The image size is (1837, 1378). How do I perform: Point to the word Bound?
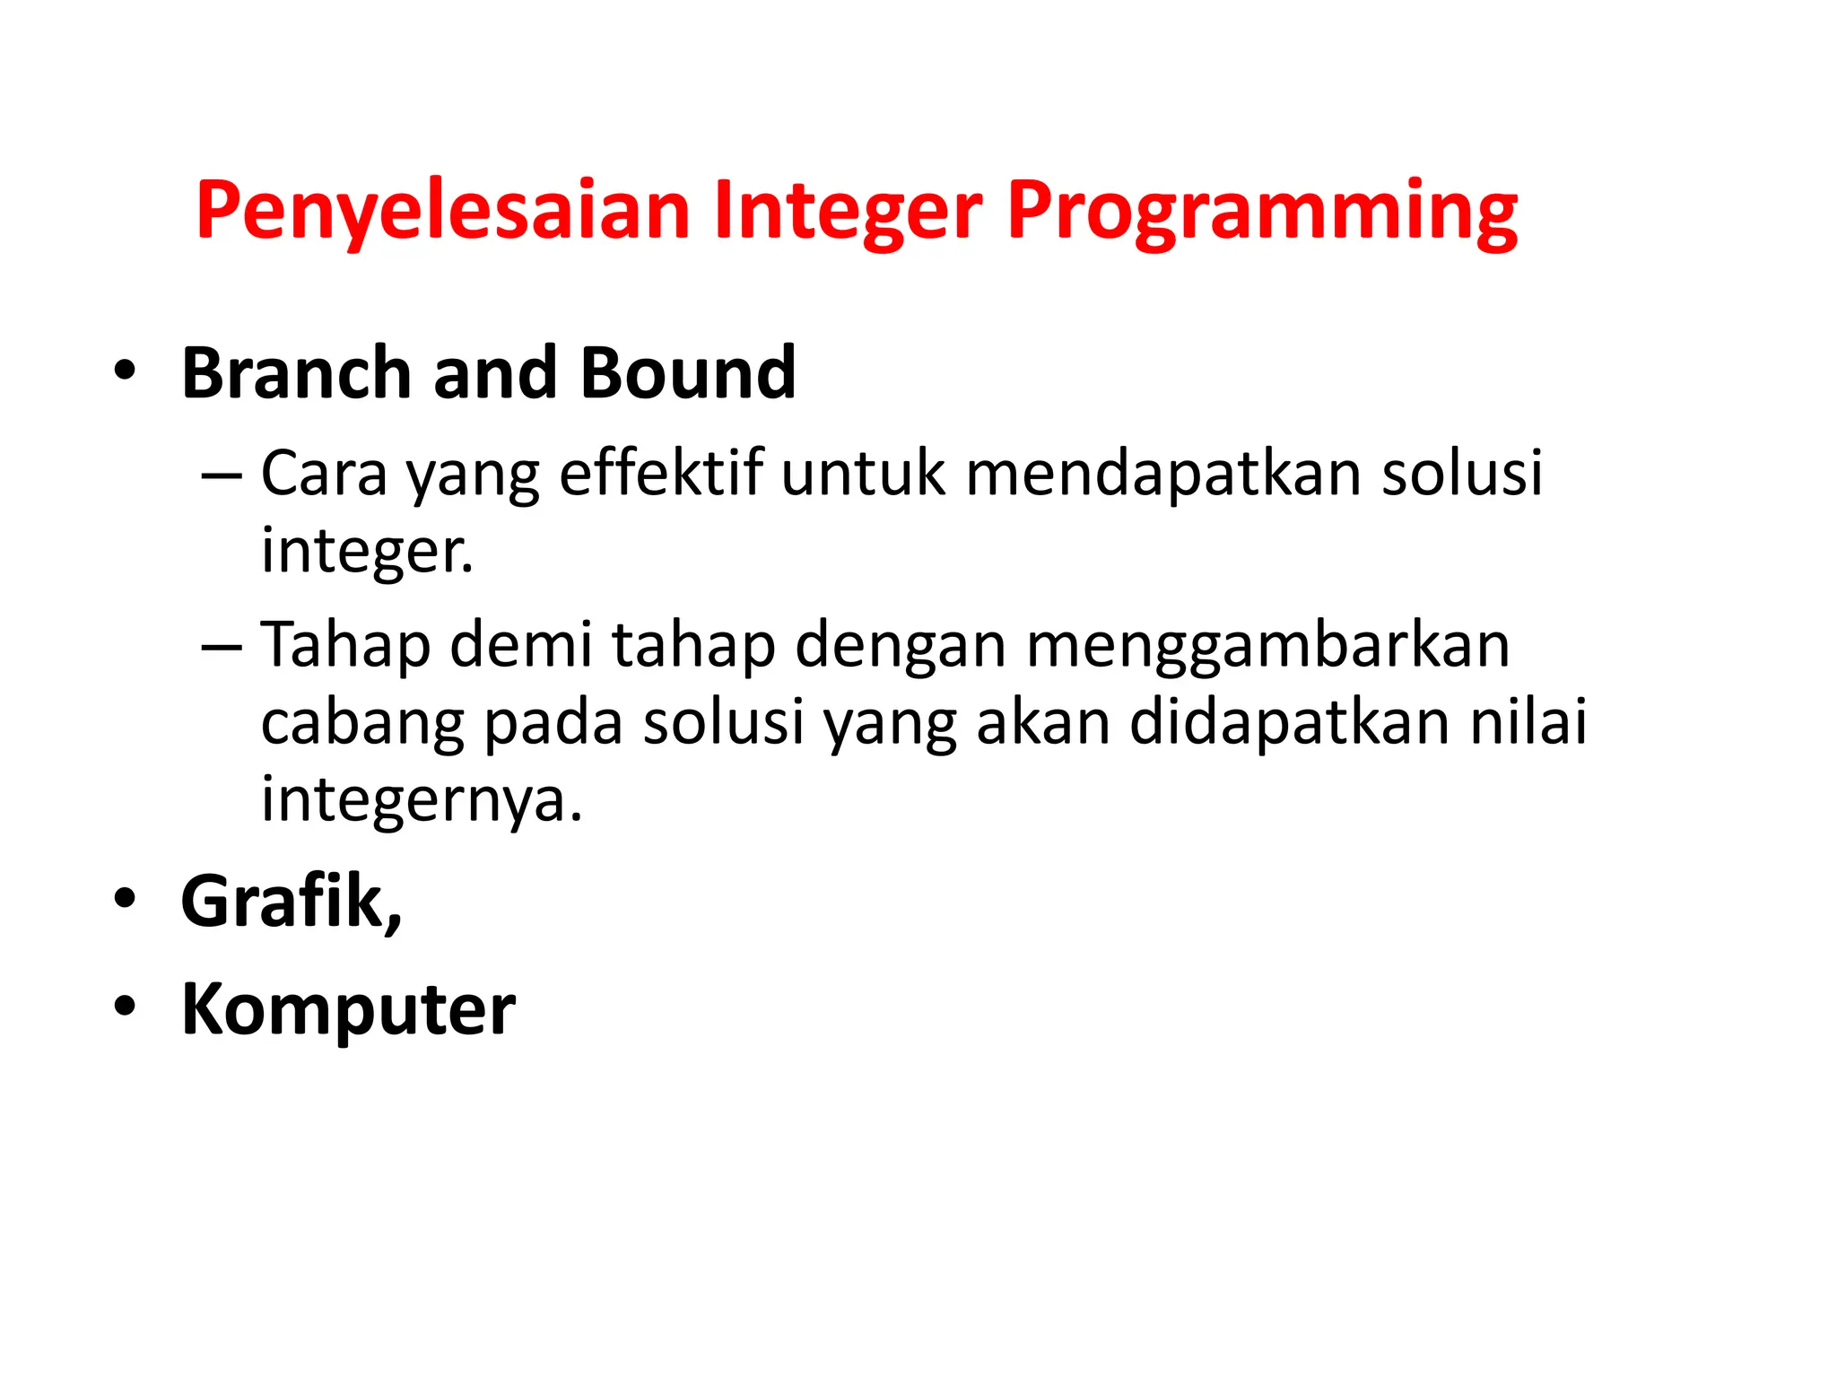(x=688, y=373)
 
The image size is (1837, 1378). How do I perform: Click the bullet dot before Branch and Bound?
(x=125, y=371)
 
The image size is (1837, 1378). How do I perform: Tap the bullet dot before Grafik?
(x=125, y=899)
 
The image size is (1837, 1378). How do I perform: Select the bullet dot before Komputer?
(x=125, y=1007)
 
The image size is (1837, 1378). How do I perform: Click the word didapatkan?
(x=1289, y=722)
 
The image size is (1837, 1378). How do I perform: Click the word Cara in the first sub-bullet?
(x=324, y=473)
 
